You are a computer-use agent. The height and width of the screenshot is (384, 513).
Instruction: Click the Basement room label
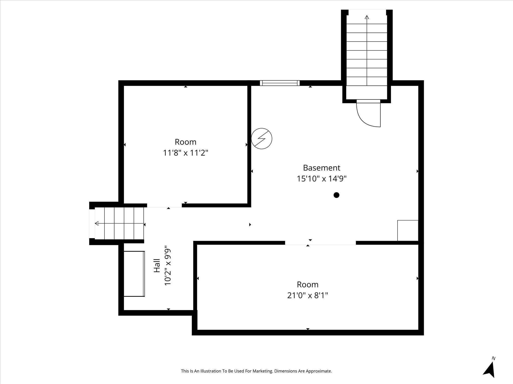pos(321,167)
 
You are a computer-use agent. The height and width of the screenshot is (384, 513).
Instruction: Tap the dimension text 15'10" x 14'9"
pos(321,179)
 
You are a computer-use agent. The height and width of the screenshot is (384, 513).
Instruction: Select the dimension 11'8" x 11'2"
pos(185,153)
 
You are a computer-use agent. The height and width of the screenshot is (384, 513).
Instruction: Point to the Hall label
pos(157,265)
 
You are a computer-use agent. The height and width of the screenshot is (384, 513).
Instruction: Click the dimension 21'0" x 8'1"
pos(307,295)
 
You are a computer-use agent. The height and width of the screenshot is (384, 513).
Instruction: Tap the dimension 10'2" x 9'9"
pos(168,267)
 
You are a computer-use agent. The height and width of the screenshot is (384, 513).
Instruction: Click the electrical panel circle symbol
pos(262,138)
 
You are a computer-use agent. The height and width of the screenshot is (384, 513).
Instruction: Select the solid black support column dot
pos(336,195)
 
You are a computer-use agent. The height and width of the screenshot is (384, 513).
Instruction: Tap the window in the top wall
pos(280,83)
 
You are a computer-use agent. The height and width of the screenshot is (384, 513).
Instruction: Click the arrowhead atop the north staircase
pos(367,17)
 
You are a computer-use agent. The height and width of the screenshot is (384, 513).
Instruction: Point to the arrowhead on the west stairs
pos(97,223)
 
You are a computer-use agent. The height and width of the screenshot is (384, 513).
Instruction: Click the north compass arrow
pos(489,370)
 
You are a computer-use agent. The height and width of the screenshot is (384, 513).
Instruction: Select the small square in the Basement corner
pos(408,230)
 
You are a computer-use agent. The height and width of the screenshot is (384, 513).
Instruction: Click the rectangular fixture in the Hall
pos(134,274)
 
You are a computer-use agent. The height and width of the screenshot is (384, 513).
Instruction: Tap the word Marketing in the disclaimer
pos(263,371)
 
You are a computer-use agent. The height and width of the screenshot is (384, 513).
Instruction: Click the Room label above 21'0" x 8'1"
pos(307,284)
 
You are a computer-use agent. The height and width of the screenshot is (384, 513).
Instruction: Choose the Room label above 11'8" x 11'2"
pos(185,142)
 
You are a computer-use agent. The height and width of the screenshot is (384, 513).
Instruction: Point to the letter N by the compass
pos(493,358)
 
